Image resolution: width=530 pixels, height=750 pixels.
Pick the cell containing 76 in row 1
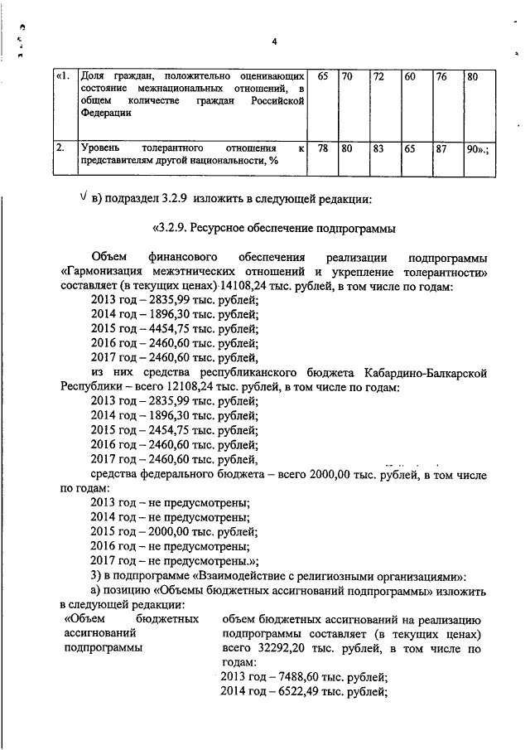pyautogui.click(x=441, y=76)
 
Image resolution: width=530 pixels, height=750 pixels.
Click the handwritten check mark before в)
pyautogui.click(x=79, y=197)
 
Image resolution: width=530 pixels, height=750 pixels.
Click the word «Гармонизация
pyautogui.click(x=108, y=271)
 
